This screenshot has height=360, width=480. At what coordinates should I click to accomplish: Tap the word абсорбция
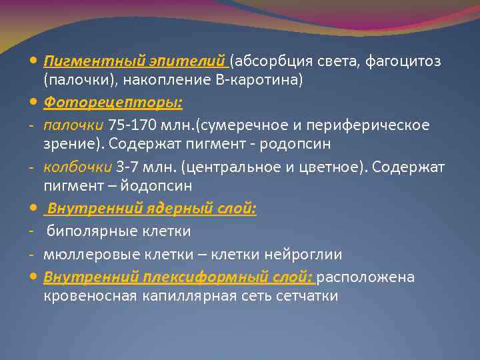click(267, 62)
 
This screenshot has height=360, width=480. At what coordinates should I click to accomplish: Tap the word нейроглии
click(306, 254)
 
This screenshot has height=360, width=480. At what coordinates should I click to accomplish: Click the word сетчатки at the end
click(304, 295)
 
